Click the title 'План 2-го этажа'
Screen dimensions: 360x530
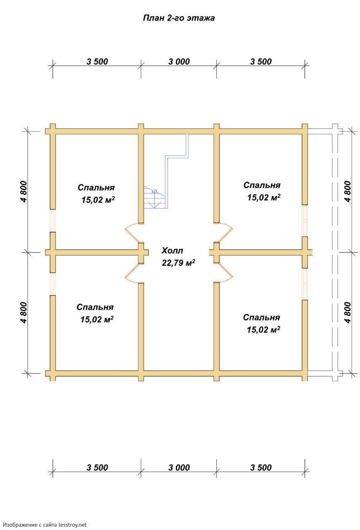pos(179,18)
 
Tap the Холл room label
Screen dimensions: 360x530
pos(172,251)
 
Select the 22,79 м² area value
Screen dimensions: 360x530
pos(178,263)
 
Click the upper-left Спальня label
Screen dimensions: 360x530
pos(96,188)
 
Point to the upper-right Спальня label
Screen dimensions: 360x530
pos(262,185)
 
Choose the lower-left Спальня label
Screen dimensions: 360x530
pos(95,307)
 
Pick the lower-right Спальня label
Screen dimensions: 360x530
pos(262,317)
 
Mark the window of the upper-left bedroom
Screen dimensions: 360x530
pos(53,221)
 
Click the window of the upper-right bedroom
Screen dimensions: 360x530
pos(305,221)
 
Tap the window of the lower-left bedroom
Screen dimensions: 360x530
pos(53,284)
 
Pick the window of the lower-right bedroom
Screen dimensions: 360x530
pos(305,284)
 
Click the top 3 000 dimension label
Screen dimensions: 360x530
pos(179,62)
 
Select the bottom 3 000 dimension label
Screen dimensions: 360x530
pos(179,467)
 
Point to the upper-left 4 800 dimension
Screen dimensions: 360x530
pos(24,191)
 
